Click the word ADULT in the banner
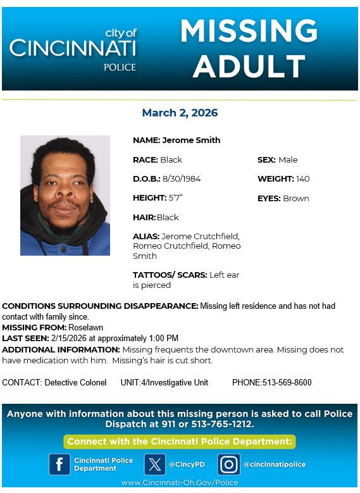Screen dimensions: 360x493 [x=249, y=65]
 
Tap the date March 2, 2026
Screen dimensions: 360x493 [x=180, y=113]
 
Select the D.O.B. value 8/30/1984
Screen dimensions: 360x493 [x=182, y=178]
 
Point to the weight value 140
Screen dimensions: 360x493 [x=304, y=178]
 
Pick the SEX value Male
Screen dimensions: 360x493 [x=288, y=159]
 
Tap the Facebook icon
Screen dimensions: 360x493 [x=59, y=465]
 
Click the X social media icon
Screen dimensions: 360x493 [x=154, y=465]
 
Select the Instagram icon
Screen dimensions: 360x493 [x=228, y=465]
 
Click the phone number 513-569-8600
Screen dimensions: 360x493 [x=285, y=382]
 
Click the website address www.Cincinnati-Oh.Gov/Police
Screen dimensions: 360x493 [x=180, y=482]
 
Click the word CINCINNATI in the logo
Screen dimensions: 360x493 [x=73, y=47]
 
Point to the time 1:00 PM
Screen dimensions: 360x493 [x=163, y=338]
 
